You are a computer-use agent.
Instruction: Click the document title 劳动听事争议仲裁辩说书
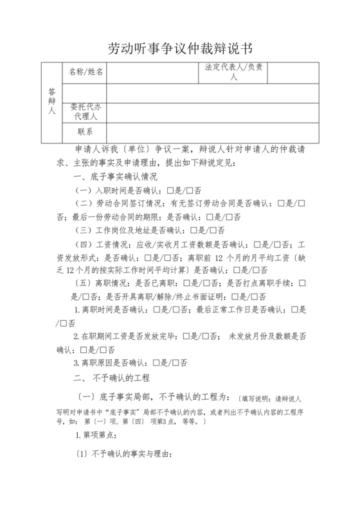(181, 49)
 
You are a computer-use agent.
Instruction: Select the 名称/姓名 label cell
(85, 72)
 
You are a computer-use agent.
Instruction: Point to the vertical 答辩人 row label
(51, 102)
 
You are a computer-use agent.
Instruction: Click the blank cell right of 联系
(213, 132)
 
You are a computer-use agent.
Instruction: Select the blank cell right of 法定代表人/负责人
(292, 72)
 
